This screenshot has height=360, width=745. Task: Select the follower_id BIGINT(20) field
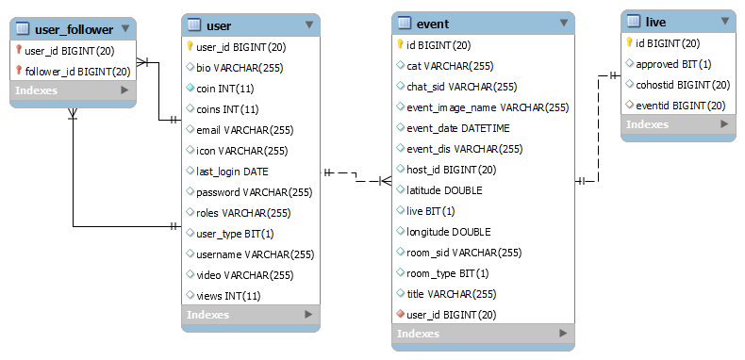pyautogui.click(x=77, y=71)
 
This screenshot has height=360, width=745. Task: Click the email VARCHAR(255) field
pyautogui.click(x=244, y=130)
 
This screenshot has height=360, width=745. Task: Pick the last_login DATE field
pyautogui.click(x=232, y=172)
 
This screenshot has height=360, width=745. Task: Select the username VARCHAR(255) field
pyautogui.click(x=255, y=254)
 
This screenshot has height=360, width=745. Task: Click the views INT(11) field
pyautogui.click(x=228, y=296)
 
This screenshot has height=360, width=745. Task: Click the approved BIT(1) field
pyautogui.click(x=673, y=64)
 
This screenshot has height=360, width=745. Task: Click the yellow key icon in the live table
pyautogui.click(x=629, y=43)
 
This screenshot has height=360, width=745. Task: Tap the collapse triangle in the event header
pyautogui.click(x=563, y=24)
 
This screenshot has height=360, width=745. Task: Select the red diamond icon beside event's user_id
pyautogui.click(x=400, y=314)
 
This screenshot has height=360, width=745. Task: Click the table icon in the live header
pyautogui.click(x=634, y=21)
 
